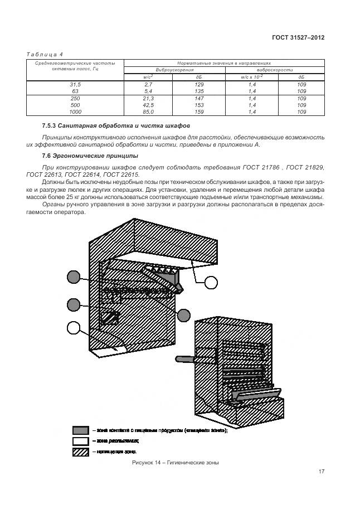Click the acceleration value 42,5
click(148, 105)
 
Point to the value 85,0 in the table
click(148, 112)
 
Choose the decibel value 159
click(199, 112)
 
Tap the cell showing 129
click(199, 84)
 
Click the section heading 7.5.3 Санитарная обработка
click(116, 126)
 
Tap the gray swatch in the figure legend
click(80, 430)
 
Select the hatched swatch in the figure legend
click(80, 451)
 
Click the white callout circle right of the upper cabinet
click(211, 283)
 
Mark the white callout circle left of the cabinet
click(74, 328)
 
